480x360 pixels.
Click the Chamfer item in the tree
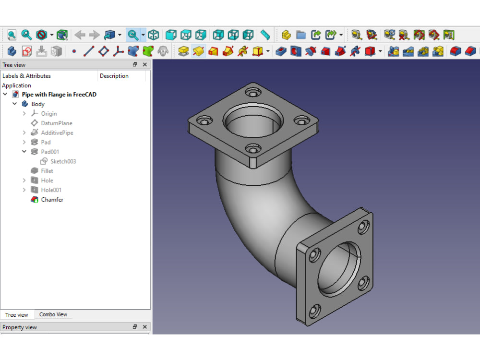pos(52,200)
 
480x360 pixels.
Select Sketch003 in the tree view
pos(63,161)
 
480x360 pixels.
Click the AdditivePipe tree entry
pos(57,132)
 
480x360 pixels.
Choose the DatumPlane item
pos(56,123)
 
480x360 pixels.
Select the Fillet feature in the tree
pos(47,171)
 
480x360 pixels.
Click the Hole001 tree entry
pos(51,190)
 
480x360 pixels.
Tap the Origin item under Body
pos(48,114)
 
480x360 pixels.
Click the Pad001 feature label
pos(50,152)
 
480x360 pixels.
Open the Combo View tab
pos(53,314)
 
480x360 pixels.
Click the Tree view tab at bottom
pos(16,315)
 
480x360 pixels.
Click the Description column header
pos(114,76)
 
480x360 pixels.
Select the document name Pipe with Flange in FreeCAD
pos(59,95)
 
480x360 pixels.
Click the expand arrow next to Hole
pos(24,180)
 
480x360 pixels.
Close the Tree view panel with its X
pos(144,64)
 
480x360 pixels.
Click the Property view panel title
pos(19,327)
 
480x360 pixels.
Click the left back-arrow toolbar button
pos(80,35)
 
